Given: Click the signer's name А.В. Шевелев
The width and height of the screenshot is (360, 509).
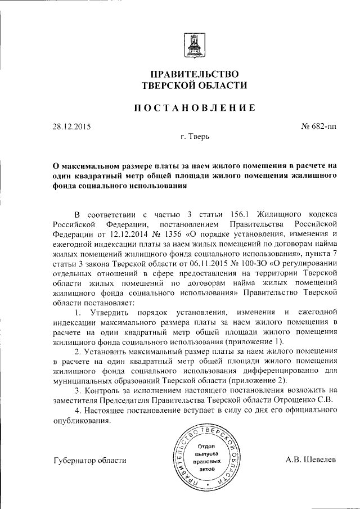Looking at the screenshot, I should coord(310,459).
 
